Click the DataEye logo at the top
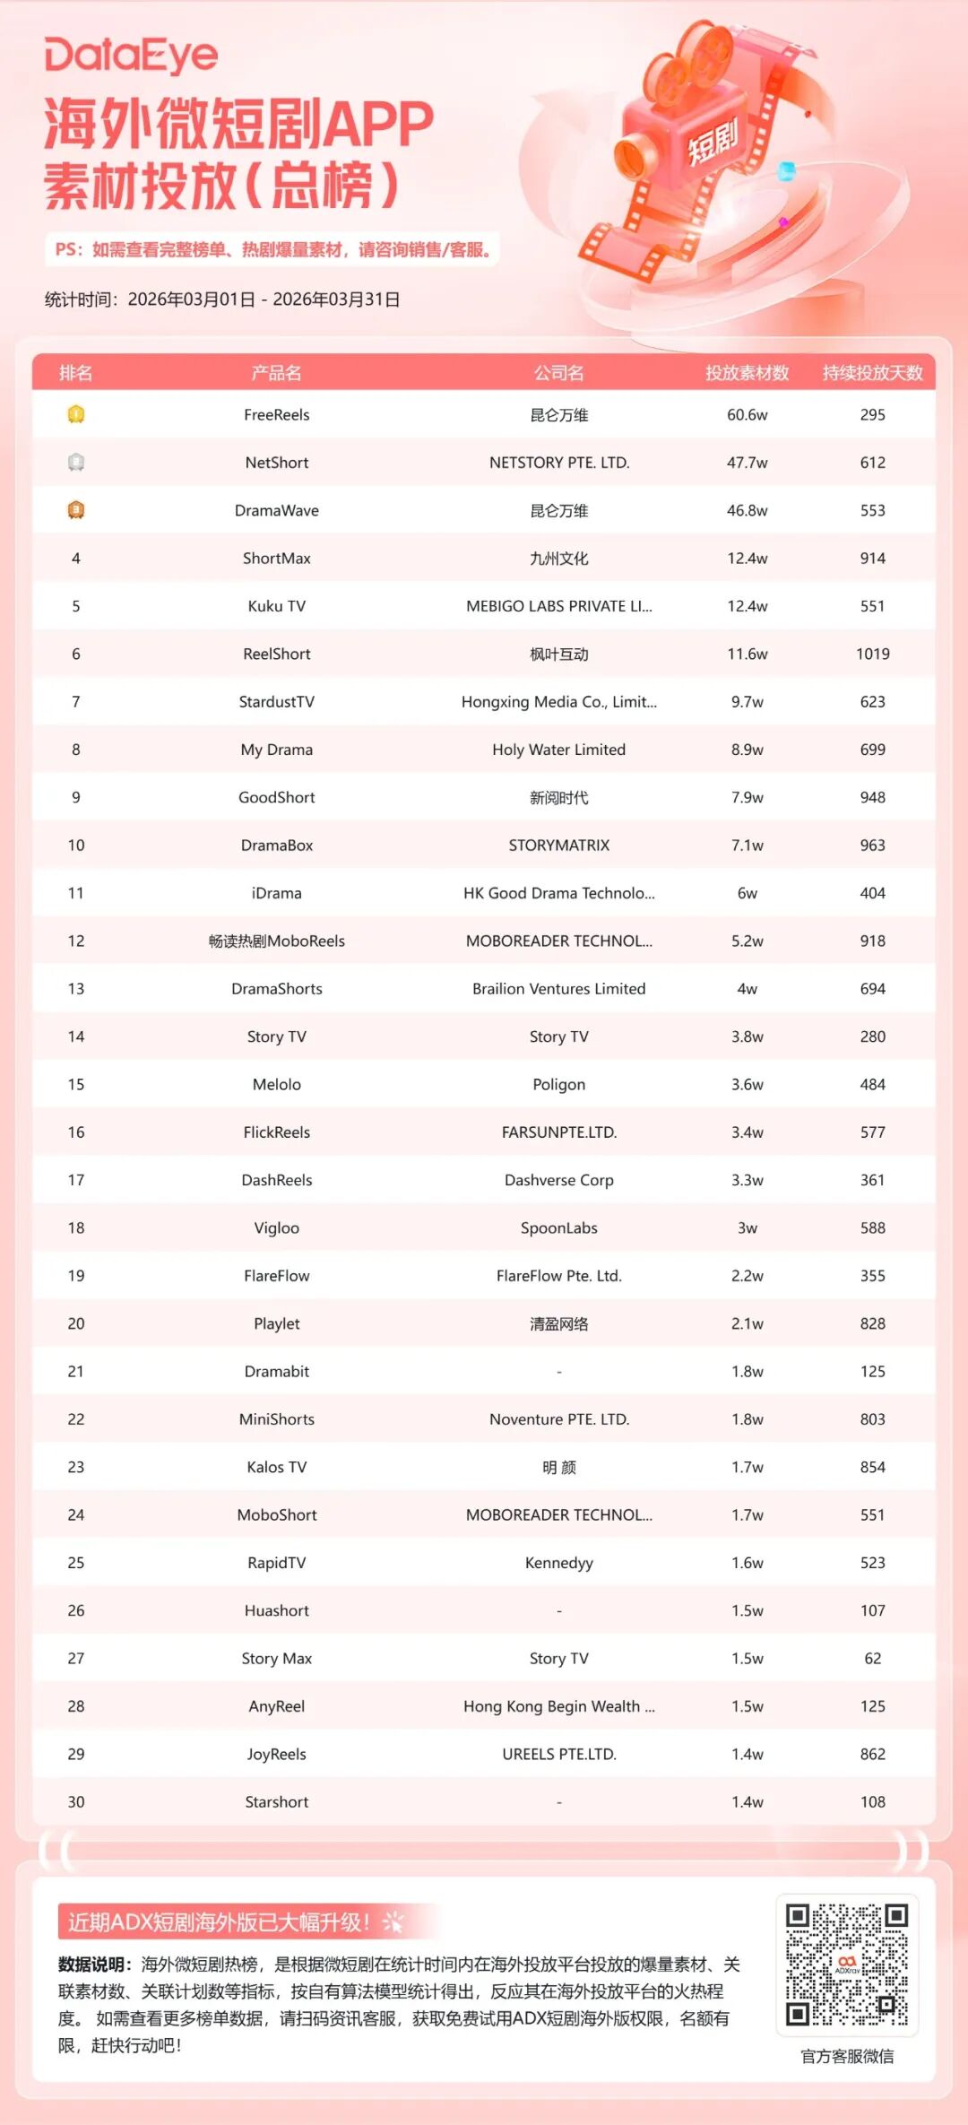(131, 56)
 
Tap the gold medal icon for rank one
(76, 414)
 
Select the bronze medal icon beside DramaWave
(76, 510)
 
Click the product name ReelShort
(276, 654)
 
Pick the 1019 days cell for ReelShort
(872, 654)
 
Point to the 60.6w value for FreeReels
(747, 414)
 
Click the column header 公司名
(558, 373)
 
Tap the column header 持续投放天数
(872, 373)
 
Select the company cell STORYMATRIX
(558, 845)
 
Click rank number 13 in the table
(76, 988)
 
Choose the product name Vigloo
(276, 1227)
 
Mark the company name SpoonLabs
(558, 1227)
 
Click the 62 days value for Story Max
(872, 1658)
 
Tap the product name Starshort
(276, 1801)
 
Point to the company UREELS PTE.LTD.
(558, 1754)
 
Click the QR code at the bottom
(846, 1965)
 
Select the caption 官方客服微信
(846, 2056)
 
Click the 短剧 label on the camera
(713, 143)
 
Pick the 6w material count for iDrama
(747, 893)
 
